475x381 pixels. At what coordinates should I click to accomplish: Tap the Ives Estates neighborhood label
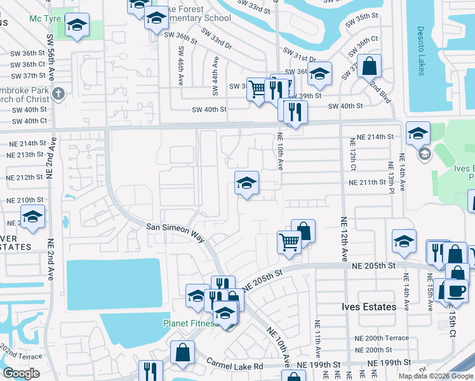(x=366, y=307)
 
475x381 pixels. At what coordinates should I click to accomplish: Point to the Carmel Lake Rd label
(x=235, y=364)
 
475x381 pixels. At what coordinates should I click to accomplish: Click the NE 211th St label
(x=368, y=183)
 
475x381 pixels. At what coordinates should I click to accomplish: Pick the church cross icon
(x=58, y=94)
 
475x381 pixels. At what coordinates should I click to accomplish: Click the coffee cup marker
(x=455, y=290)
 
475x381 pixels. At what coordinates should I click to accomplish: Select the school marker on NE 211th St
(x=246, y=184)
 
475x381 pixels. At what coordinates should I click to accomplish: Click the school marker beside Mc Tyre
(x=77, y=25)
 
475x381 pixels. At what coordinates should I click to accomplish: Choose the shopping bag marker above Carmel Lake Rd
(x=182, y=353)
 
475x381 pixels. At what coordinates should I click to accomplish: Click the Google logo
(x=22, y=373)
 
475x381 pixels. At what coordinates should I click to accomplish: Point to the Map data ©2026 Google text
(x=436, y=376)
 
